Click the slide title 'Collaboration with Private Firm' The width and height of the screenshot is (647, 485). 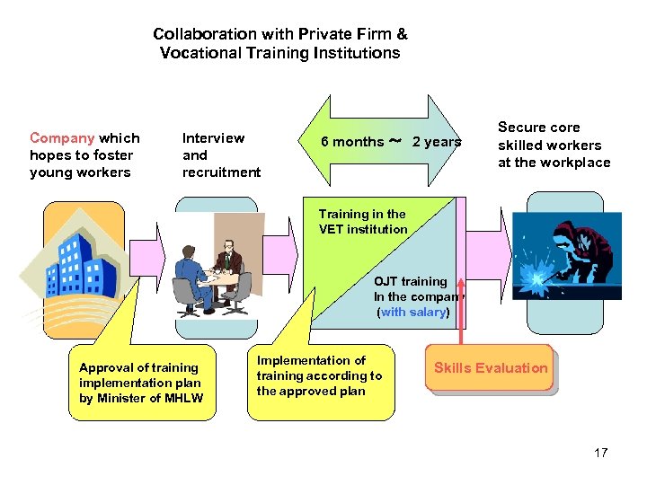(x=279, y=34)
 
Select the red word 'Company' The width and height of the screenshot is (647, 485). (x=62, y=138)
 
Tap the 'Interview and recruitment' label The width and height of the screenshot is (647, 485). (x=221, y=154)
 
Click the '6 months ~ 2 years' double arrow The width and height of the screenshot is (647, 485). (x=391, y=141)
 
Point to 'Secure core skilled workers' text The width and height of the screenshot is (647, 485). (x=554, y=145)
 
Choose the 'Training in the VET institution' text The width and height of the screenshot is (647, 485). (x=363, y=221)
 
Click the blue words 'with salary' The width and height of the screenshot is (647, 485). (x=412, y=313)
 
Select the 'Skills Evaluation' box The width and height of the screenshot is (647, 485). (x=490, y=368)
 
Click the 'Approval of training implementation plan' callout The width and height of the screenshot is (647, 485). (x=141, y=383)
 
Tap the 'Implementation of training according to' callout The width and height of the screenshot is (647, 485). (x=319, y=375)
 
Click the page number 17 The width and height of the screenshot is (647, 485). (x=600, y=453)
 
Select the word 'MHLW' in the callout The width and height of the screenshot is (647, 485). (x=183, y=399)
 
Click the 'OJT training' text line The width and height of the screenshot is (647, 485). (x=411, y=281)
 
